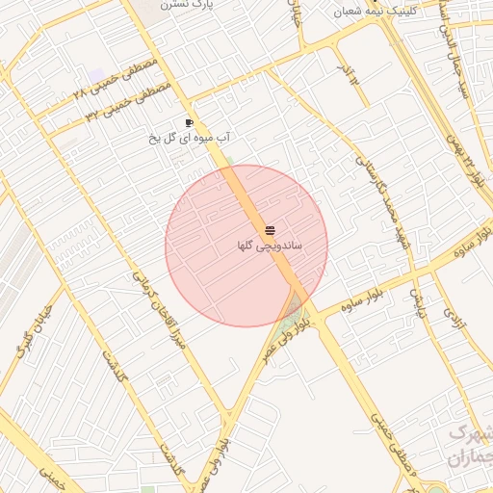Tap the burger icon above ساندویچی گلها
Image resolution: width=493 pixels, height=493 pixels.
tap(270, 230)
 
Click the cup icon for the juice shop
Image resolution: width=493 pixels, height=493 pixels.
tap(189, 122)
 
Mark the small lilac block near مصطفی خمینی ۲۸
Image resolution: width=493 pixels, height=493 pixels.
tap(95, 74)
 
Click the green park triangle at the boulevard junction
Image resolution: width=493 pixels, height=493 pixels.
tap(289, 322)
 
